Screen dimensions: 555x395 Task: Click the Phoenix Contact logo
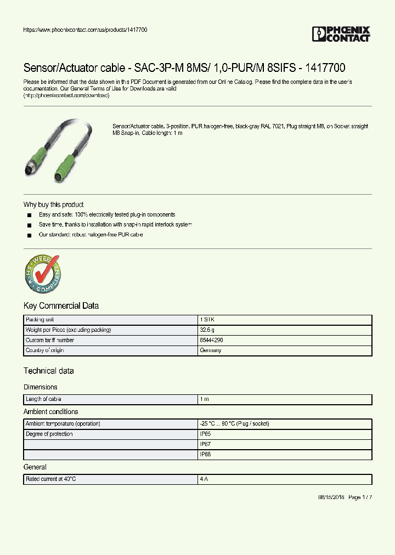tap(341, 34)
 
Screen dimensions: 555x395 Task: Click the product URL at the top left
tap(85, 30)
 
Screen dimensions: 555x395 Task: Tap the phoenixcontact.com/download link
tap(66, 95)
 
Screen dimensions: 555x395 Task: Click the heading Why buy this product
tap(53, 205)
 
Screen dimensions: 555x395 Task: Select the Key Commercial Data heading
tap(61, 306)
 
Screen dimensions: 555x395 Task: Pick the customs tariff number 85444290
tap(211, 341)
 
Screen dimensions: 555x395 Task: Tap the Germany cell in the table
tap(211, 350)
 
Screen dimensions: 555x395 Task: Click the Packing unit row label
tap(39, 320)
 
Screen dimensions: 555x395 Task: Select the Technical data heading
tap(48, 371)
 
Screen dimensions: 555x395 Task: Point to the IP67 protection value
tap(205, 444)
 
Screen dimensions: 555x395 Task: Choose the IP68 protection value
tap(205, 455)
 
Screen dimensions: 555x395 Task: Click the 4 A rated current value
tap(204, 479)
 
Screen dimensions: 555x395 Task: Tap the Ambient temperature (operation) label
tap(63, 424)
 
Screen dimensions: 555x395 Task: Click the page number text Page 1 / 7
tap(360, 497)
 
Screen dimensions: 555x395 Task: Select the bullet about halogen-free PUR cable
tap(91, 235)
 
